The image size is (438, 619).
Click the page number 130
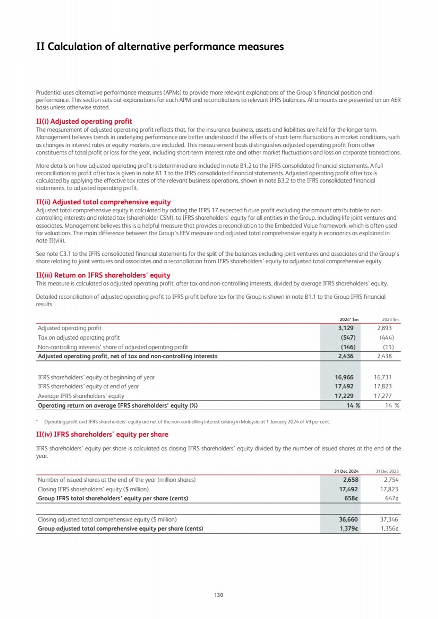point(218,595)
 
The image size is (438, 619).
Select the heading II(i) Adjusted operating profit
point(84,121)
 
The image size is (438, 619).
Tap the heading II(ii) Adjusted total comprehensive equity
point(103,202)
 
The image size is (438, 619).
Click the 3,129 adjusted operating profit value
point(346,328)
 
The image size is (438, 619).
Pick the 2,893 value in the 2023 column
point(384,328)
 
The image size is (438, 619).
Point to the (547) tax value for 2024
point(348,337)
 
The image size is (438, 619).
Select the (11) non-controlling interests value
point(388,347)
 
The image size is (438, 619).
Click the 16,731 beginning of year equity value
point(382,377)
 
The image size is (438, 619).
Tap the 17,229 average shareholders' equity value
point(344,396)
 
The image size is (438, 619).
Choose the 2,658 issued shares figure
point(350,480)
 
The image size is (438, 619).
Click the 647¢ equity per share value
point(392,498)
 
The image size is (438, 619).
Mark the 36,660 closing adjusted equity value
point(348,519)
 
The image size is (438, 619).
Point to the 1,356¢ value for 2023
point(389,528)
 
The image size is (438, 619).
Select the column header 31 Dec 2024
point(346,471)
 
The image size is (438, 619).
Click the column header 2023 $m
point(390,319)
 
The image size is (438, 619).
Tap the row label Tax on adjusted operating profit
point(79,337)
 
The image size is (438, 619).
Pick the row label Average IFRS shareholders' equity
point(81,396)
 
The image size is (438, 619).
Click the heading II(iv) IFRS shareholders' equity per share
point(102,434)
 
